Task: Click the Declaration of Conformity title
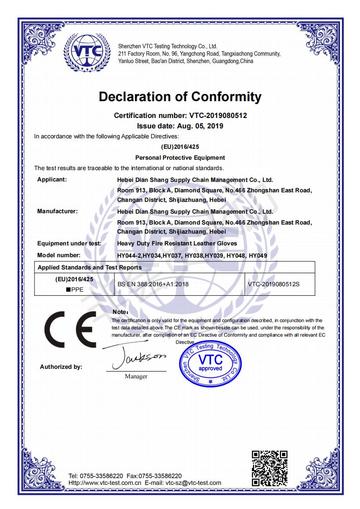(180, 97)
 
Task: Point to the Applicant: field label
(52, 180)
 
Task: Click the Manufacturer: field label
(57, 211)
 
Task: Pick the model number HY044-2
(129, 255)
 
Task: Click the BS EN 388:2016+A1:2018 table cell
(153, 284)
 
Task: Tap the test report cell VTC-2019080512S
(274, 284)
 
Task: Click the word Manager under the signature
(136, 377)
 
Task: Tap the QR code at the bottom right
(270, 468)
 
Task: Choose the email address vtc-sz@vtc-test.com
(193, 483)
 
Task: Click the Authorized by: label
(61, 367)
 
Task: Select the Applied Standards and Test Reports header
(89, 267)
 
